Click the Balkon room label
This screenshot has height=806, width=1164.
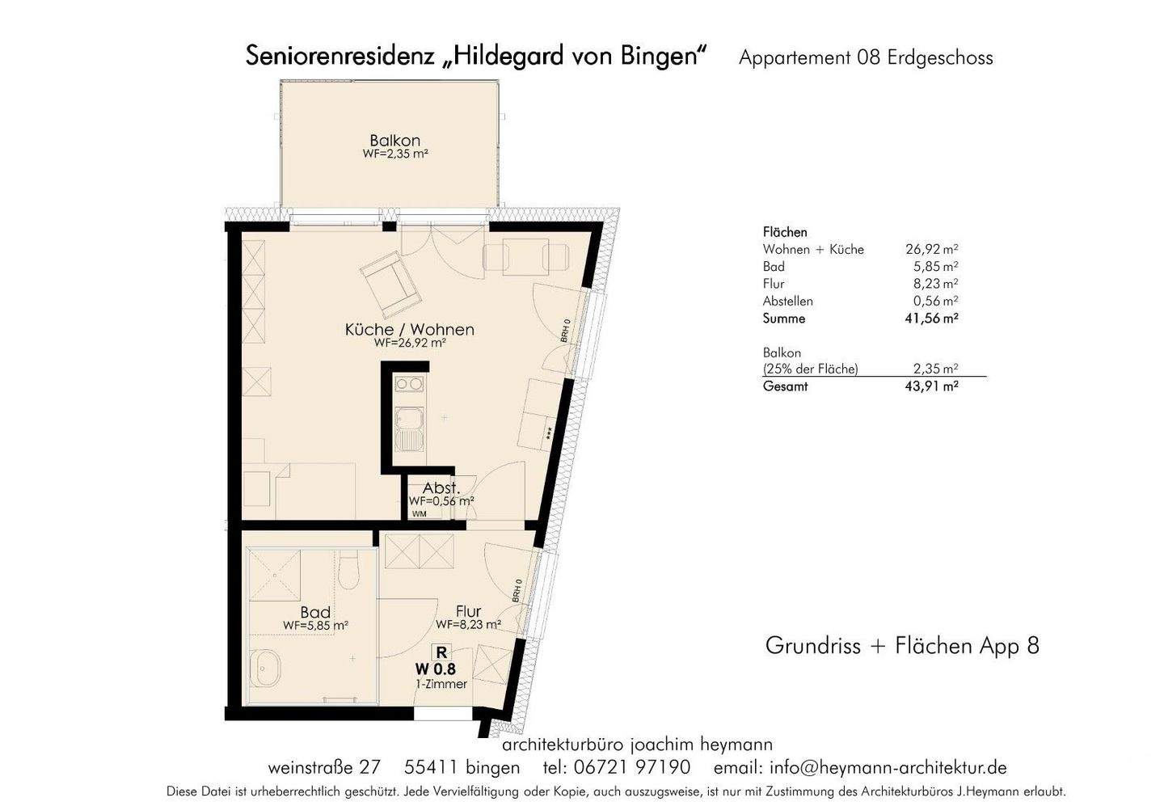[394, 141]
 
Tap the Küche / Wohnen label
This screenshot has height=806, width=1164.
[409, 330]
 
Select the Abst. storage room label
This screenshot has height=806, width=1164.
[441, 488]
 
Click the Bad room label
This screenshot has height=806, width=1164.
[315, 613]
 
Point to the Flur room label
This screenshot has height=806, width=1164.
[468, 612]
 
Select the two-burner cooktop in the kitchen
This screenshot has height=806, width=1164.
[409, 385]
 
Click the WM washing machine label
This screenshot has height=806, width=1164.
[419, 514]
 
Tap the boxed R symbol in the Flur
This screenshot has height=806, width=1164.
[441, 651]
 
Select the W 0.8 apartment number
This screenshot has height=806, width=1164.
[436, 669]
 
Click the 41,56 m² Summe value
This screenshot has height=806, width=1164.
[931, 319]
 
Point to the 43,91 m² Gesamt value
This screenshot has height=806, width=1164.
[931, 386]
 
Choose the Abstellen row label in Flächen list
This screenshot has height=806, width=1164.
[787, 301]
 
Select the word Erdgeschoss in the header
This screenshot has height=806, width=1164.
[939, 58]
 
